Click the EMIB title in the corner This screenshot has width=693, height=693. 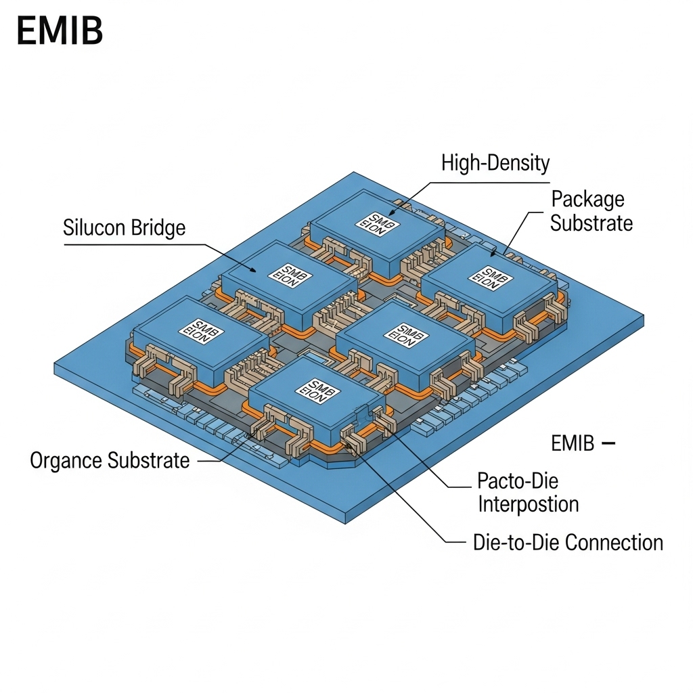(x=59, y=32)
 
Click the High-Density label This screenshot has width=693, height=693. (x=495, y=163)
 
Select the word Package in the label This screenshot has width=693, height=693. (x=587, y=200)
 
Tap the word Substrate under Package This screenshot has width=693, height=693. (x=591, y=223)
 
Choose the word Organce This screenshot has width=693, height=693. (x=66, y=461)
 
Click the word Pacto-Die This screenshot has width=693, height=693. (x=518, y=481)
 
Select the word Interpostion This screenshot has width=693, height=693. (x=528, y=504)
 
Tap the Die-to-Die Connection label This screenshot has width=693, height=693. (x=568, y=542)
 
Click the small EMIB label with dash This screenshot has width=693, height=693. (x=573, y=444)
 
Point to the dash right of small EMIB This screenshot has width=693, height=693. (x=608, y=444)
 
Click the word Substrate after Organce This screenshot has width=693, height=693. (x=148, y=461)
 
